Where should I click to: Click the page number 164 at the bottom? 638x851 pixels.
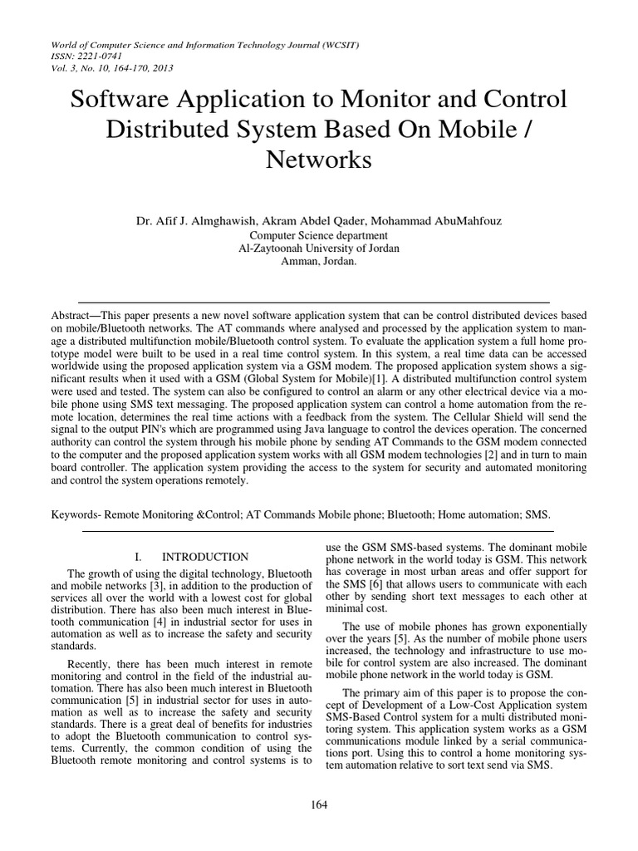click(318, 804)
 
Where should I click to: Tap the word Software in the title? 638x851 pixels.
click(121, 101)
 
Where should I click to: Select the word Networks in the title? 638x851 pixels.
click(318, 160)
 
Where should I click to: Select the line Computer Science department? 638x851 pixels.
click(318, 236)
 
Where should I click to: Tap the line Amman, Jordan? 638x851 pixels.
click(318, 260)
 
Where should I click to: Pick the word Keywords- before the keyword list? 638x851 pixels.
click(77, 515)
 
